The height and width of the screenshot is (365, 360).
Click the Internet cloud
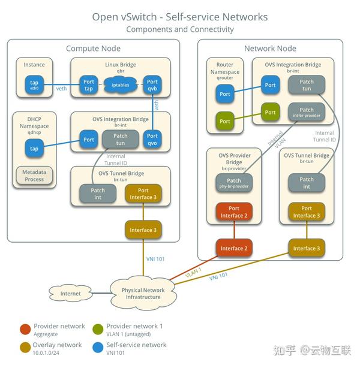coord(70,294)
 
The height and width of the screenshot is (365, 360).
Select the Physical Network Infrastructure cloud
coord(142,294)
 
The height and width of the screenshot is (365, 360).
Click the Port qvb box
coord(152,85)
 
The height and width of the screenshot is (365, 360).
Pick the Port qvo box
coord(152,140)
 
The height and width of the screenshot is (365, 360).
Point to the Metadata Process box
coord(34,175)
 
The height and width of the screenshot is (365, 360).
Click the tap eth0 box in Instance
coord(34,85)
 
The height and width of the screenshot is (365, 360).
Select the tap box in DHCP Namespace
coord(34,149)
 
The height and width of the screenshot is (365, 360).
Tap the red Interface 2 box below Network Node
coord(233,248)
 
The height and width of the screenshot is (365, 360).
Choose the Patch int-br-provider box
coord(306,113)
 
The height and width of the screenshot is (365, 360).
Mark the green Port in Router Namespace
coord(225,121)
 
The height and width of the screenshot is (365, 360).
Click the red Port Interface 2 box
coord(233,212)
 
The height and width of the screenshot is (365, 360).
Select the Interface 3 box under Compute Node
coord(143,229)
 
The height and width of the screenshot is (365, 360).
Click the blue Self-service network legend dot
coord(97,348)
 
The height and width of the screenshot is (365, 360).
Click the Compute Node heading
coord(93,48)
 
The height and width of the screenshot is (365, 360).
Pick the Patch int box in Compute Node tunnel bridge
coord(98,194)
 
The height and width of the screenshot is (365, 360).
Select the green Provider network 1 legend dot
coord(97,328)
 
